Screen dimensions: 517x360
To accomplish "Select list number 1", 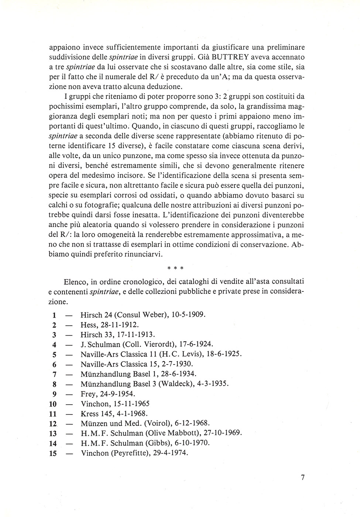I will [x=54, y=315].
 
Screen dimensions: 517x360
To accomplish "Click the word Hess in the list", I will [x=89, y=325].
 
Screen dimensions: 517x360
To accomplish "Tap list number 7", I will [x=54, y=374].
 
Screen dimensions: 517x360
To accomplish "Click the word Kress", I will [x=90, y=414].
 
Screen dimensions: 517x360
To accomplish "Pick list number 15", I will [x=53, y=453].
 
